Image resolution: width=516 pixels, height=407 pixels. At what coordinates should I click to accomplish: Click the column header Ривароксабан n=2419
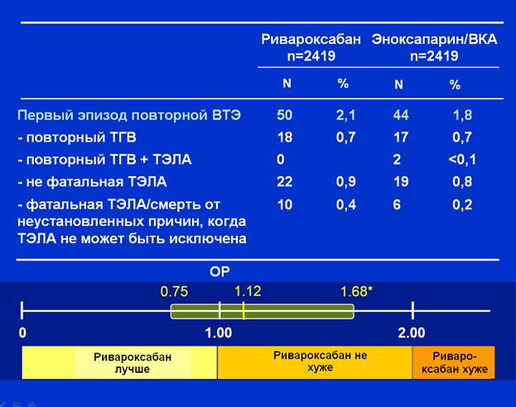311,47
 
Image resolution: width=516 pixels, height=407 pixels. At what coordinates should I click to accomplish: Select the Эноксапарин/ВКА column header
434,47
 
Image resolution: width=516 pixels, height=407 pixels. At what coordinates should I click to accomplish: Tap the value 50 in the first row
285,115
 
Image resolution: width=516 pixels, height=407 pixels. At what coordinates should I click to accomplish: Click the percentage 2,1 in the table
346,115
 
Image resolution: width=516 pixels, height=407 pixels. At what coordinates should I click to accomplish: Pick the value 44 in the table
401,115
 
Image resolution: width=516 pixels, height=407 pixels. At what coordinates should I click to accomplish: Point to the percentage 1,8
463,115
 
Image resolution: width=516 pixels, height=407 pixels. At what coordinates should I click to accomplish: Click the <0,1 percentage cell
462,160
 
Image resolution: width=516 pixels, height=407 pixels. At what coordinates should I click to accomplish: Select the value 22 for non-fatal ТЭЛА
285,181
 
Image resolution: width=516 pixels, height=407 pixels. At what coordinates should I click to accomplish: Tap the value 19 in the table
401,181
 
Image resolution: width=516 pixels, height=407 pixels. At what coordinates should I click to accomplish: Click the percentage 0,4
346,205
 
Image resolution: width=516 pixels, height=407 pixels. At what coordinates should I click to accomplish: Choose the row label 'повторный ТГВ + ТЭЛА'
104,160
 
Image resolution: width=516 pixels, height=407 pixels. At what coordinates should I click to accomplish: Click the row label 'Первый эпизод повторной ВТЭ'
129,115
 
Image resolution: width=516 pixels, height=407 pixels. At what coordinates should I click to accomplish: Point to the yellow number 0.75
174,292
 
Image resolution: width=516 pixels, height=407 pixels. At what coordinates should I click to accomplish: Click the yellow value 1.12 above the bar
248,291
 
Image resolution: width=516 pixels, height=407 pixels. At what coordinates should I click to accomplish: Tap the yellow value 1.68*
356,291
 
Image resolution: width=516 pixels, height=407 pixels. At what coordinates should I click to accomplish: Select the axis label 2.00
412,333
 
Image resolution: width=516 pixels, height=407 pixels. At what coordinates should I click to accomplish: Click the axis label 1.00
219,333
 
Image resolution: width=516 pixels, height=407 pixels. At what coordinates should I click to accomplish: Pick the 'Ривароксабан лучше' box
119,362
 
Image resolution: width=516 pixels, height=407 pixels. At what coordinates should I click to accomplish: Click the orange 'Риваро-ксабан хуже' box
454,362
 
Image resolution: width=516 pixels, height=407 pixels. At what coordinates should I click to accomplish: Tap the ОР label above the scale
219,272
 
